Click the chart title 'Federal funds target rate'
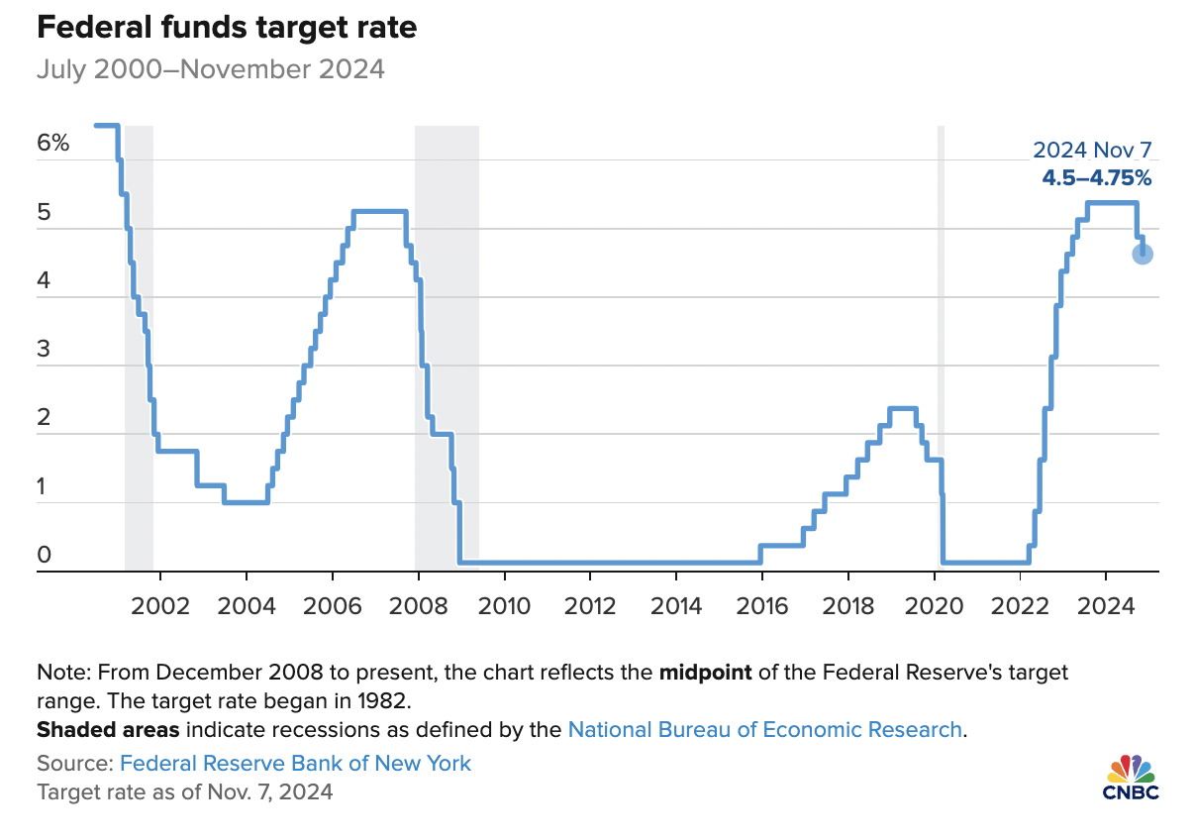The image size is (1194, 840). [226, 29]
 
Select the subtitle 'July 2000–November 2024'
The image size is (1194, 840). [210, 70]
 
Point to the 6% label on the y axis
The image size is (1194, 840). [53, 143]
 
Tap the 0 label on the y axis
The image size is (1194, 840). [45, 556]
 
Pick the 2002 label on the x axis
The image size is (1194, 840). [160, 605]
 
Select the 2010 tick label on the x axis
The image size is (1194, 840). [504, 605]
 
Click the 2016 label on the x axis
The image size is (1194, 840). [761, 605]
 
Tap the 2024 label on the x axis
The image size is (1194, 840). [1105, 605]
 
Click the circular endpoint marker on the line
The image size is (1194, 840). [1142, 255]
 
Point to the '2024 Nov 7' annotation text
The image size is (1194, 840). [1092, 151]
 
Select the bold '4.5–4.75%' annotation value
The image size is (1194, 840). [1096, 178]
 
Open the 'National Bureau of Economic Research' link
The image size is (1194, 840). [764, 730]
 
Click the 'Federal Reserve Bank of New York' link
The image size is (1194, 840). [295, 763]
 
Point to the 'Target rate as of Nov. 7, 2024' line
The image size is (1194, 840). [184, 792]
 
